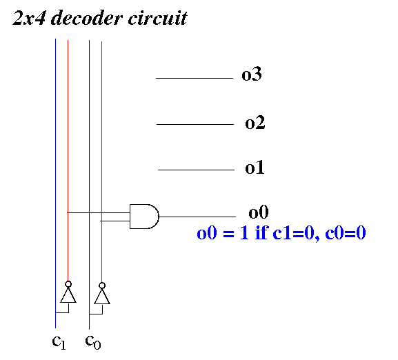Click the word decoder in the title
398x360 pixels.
86,18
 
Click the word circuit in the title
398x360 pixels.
157,18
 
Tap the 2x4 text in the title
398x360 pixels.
29,18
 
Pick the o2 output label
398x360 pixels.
255,123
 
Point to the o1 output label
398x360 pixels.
255,168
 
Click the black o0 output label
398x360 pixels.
259,212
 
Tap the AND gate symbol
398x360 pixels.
144,217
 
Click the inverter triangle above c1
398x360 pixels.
68,295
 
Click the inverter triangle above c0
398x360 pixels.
102,297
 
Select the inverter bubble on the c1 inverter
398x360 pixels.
68,284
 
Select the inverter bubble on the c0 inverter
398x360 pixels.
102,286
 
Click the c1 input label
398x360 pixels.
59,342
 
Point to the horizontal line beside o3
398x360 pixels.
195,78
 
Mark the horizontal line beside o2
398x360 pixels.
195,124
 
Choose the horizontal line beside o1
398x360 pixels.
196,170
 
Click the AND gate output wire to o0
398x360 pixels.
197,217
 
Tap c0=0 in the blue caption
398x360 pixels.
346,232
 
